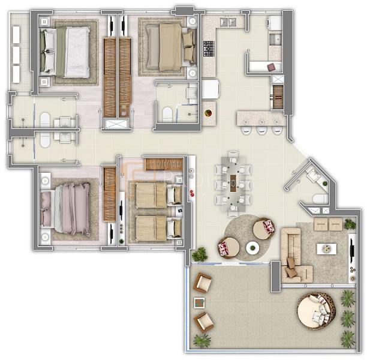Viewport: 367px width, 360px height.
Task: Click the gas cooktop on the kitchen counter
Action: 209,48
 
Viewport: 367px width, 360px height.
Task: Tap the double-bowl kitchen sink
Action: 228,22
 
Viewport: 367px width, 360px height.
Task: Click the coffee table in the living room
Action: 327,248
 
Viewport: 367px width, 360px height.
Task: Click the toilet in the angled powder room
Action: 319,199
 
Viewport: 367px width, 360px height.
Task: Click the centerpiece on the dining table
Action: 232,178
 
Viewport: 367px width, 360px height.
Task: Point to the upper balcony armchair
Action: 203,283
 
